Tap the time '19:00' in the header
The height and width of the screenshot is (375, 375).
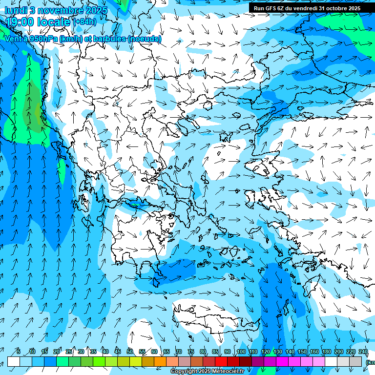tap(23, 21)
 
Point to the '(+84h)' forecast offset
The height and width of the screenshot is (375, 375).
tap(84, 22)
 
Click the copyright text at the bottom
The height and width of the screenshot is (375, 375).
tap(207, 372)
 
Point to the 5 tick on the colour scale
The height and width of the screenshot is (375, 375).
tap(19, 352)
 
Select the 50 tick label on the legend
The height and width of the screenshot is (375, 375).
tap(130, 352)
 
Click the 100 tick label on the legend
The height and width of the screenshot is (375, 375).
tap(241, 352)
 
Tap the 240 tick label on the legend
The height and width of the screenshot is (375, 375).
tap(363, 352)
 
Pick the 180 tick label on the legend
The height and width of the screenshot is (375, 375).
tap(326, 352)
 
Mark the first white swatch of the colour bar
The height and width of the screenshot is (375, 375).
tap(14, 361)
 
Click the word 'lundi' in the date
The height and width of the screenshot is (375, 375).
tap(16, 10)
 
